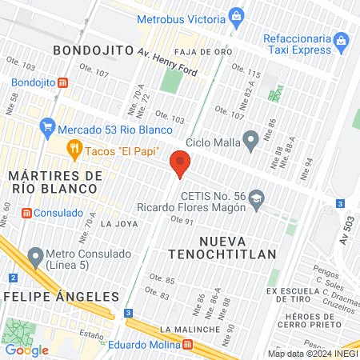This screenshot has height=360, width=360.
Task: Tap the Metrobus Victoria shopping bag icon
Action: click(x=236, y=15)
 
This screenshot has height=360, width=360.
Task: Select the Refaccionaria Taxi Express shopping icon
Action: click(x=341, y=39)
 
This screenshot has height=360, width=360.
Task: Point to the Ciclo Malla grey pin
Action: click(x=251, y=143)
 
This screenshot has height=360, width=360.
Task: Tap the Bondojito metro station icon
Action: click(x=63, y=82)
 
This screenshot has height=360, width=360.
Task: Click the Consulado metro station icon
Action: click(x=26, y=213)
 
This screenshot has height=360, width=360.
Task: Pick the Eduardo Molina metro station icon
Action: click(x=187, y=345)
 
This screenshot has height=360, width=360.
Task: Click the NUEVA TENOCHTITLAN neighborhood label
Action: click(x=238, y=246)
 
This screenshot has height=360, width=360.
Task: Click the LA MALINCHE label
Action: click(x=189, y=330)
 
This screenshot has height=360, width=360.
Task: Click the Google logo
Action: click(x=27, y=350)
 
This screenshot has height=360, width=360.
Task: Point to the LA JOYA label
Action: click(x=117, y=224)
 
